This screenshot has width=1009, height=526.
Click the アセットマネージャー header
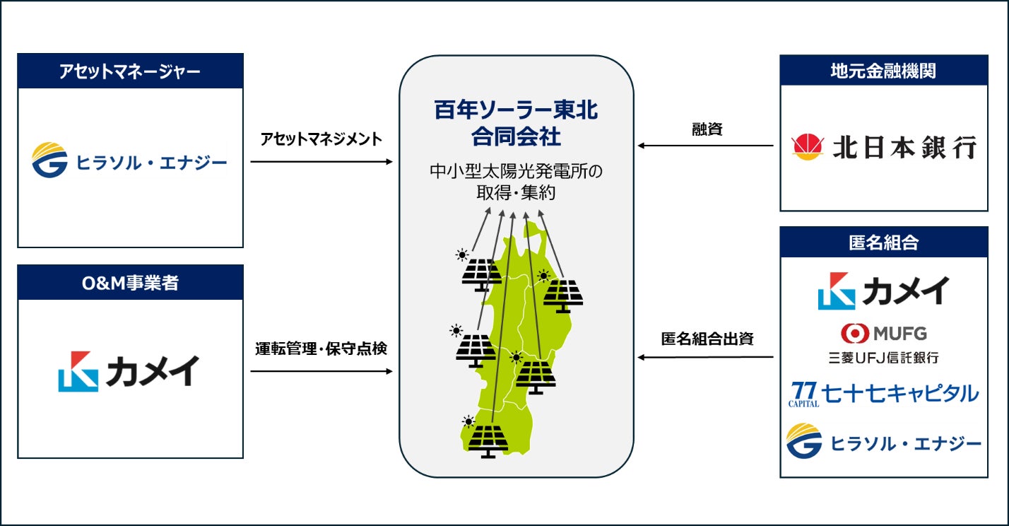pos(130,71)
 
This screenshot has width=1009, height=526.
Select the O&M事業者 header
pos(130,283)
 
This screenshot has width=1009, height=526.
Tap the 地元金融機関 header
pos(883,71)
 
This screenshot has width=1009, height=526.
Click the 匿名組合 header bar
pos(883,242)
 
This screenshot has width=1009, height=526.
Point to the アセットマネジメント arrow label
pos(321,139)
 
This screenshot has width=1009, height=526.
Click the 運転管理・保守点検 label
pos(321,349)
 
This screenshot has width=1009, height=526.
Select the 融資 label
pos(707,129)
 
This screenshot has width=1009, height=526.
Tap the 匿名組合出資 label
pos(707,339)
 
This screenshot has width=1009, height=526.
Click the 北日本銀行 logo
pos(884,147)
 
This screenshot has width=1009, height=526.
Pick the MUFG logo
pos(883,332)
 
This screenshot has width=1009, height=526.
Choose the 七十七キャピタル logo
pos(883,393)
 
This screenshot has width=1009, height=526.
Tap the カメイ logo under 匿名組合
pos(883,291)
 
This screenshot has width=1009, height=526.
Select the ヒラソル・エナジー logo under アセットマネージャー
pos(130,161)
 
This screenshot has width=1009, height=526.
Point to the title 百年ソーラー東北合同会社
pos(516,122)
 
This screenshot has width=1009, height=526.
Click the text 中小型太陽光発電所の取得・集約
pos(516,182)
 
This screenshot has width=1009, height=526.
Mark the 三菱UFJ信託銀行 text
pos(883,358)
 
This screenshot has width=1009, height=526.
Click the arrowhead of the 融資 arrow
pos(641,146)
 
